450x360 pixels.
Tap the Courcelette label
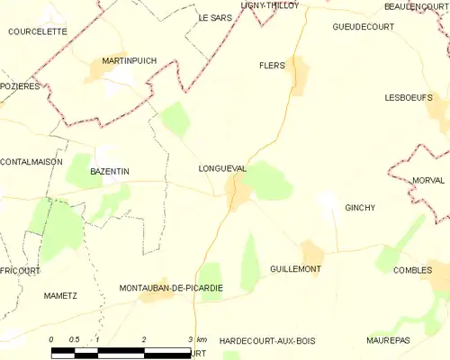point(37,31)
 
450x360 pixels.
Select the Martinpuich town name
point(129,60)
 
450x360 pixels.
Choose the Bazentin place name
point(111,170)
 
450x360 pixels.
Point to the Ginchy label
point(359,208)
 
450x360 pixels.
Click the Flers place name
point(271,66)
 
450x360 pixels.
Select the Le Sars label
point(215,17)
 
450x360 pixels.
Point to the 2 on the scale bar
point(144,339)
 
